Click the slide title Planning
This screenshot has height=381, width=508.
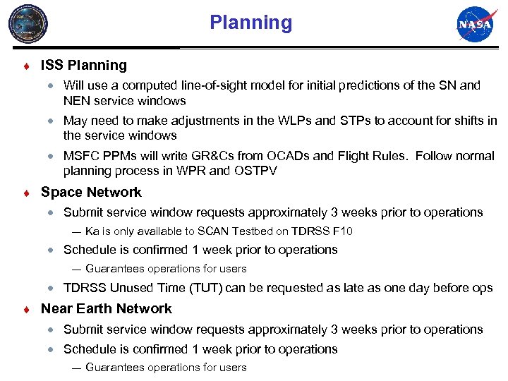click(250, 23)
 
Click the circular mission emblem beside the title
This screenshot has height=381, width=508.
click(28, 25)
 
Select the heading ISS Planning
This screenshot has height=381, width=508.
click(84, 66)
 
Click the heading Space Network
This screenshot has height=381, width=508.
click(91, 193)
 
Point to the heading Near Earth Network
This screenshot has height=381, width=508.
click(107, 309)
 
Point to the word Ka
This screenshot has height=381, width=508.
click(92, 231)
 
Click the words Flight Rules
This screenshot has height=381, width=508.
click(363, 156)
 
